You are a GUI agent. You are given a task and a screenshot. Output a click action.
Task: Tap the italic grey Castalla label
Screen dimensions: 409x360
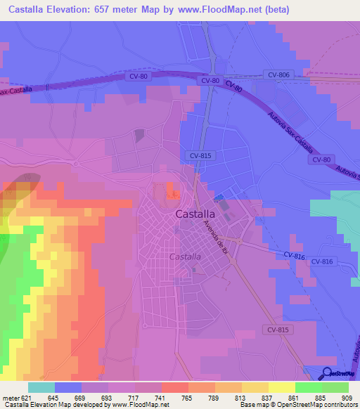click(186, 257)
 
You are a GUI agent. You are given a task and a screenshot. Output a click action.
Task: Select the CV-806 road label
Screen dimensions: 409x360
click(278, 74)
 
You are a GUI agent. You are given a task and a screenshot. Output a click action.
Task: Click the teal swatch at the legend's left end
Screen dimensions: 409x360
click(41, 387)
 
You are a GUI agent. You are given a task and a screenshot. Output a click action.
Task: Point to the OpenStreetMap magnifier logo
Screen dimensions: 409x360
click(327, 373)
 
